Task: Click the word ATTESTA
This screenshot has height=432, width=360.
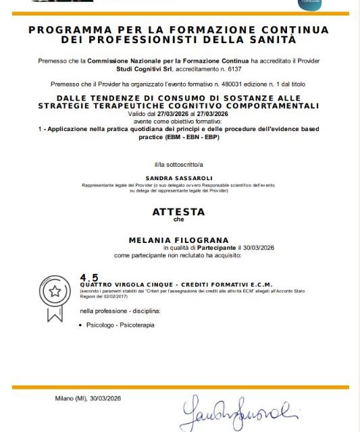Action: click(x=178, y=211)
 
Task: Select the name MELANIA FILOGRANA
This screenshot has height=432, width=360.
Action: click(x=178, y=240)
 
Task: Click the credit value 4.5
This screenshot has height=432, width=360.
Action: click(x=89, y=277)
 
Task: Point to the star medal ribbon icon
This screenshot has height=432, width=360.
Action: click(x=53, y=297)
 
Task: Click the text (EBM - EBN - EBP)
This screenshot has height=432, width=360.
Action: click(x=192, y=137)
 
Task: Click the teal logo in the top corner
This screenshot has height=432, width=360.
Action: click(x=311, y=4)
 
